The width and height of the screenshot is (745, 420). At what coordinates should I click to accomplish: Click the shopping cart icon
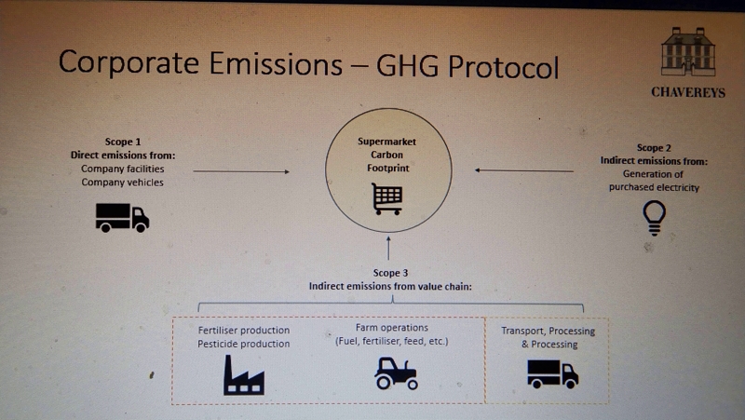[x=386, y=198]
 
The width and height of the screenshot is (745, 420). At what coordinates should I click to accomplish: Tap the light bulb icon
[x=655, y=218]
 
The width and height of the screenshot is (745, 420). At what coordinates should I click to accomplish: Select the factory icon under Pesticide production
[x=244, y=375]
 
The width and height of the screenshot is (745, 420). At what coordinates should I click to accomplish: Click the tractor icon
[x=396, y=373]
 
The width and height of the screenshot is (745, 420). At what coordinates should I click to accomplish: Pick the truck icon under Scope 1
[x=122, y=218]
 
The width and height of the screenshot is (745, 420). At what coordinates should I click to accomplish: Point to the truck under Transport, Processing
[x=552, y=374]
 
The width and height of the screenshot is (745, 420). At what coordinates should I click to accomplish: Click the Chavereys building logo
[x=688, y=52]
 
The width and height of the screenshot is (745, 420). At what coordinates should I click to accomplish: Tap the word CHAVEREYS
[x=688, y=92]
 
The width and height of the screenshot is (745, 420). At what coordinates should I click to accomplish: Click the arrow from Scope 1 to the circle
[x=241, y=171]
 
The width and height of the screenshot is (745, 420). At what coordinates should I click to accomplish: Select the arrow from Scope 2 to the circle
[x=524, y=170]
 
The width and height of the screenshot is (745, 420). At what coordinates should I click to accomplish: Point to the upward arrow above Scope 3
[x=388, y=248]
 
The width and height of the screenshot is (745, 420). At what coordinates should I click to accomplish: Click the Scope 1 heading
[x=123, y=142]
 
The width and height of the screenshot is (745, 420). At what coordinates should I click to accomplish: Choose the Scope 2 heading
[x=654, y=148]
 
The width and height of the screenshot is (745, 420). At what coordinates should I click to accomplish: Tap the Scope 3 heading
[x=390, y=273]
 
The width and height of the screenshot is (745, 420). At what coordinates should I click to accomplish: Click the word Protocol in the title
[x=503, y=65]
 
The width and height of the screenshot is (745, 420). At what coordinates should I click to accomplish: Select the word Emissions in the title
[x=276, y=63]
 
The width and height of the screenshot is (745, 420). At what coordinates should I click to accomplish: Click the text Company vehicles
[x=122, y=183]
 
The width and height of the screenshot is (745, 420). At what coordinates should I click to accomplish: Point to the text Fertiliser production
[x=244, y=331]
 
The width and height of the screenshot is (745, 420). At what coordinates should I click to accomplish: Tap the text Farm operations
[x=392, y=328]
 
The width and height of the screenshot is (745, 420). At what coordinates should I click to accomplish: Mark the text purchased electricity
[x=655, y=187]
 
